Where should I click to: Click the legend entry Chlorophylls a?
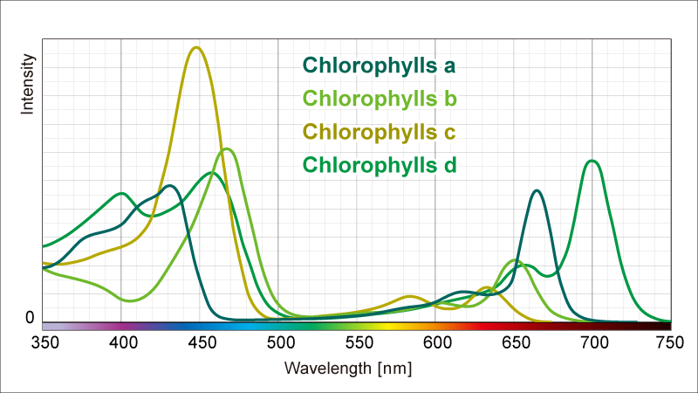379,65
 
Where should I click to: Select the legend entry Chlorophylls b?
379,99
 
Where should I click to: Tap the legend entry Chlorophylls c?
379,132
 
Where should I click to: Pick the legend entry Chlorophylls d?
379,165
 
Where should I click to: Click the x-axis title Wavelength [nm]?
348,369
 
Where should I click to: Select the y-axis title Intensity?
27,85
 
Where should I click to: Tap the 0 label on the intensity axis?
30,318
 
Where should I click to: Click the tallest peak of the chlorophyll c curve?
196,47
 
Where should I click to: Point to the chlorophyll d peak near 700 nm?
592,161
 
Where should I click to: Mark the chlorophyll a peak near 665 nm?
537,190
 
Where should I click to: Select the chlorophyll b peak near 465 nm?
227,148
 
